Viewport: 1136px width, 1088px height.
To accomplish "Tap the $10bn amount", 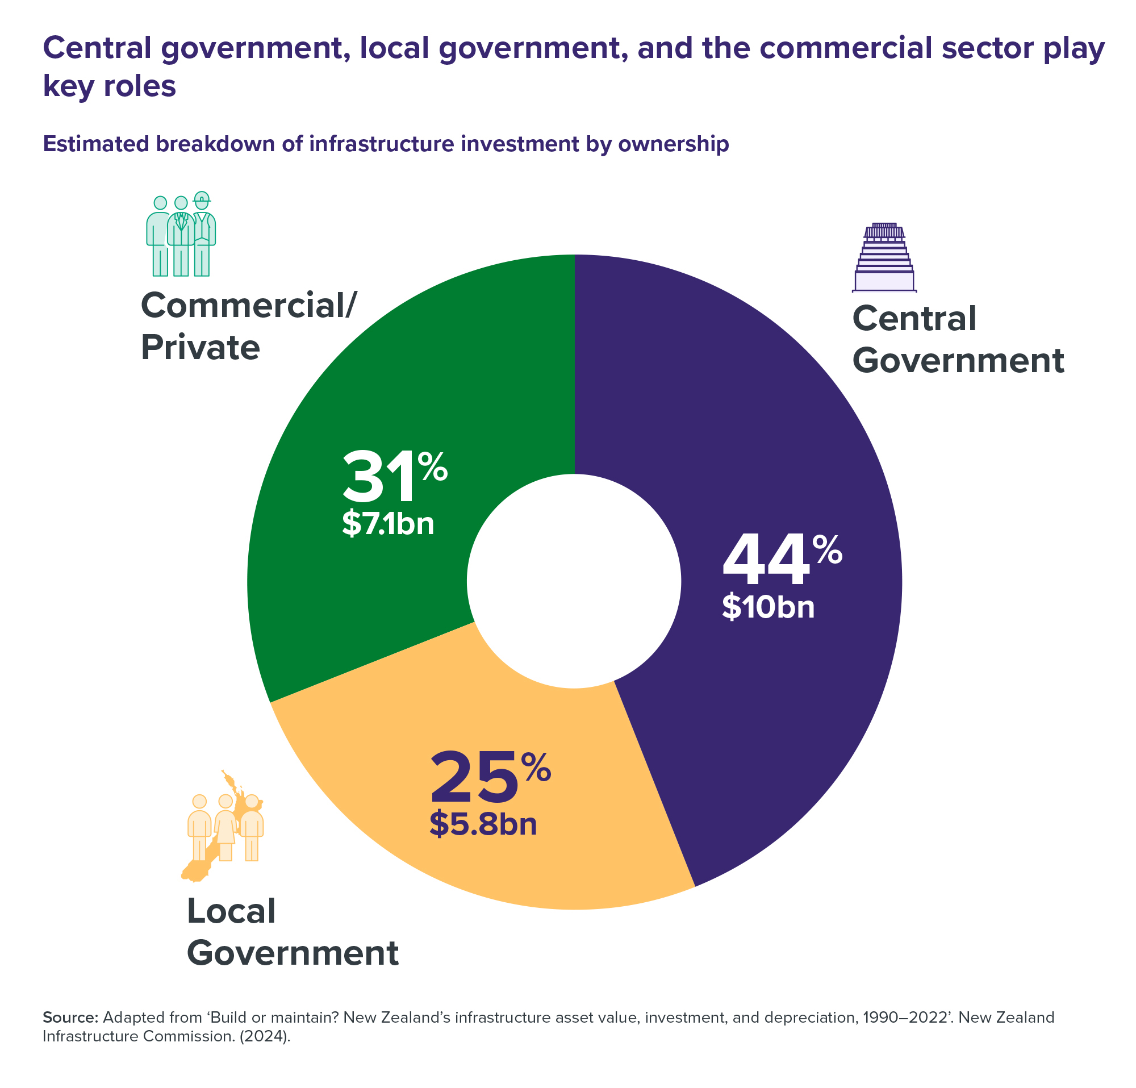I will [768, 607].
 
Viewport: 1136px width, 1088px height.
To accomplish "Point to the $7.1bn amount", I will [388, 523].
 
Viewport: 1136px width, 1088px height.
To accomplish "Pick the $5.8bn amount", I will [483, 824].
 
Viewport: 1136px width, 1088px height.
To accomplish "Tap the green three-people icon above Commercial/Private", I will [181, 234].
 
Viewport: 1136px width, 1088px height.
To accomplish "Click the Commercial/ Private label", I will [248, 326].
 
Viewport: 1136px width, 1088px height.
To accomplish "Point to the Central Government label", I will [958, 340].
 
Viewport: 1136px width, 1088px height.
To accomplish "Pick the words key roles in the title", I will [110, 86].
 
